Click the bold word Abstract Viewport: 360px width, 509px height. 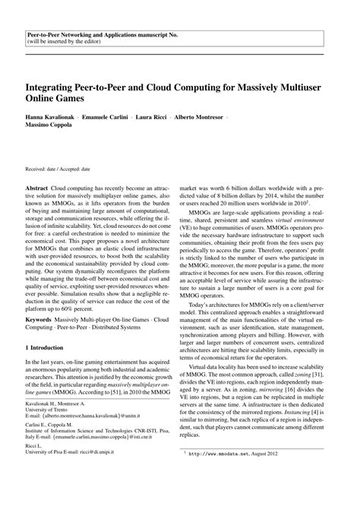pyautogui.click(x=37, y=185)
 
